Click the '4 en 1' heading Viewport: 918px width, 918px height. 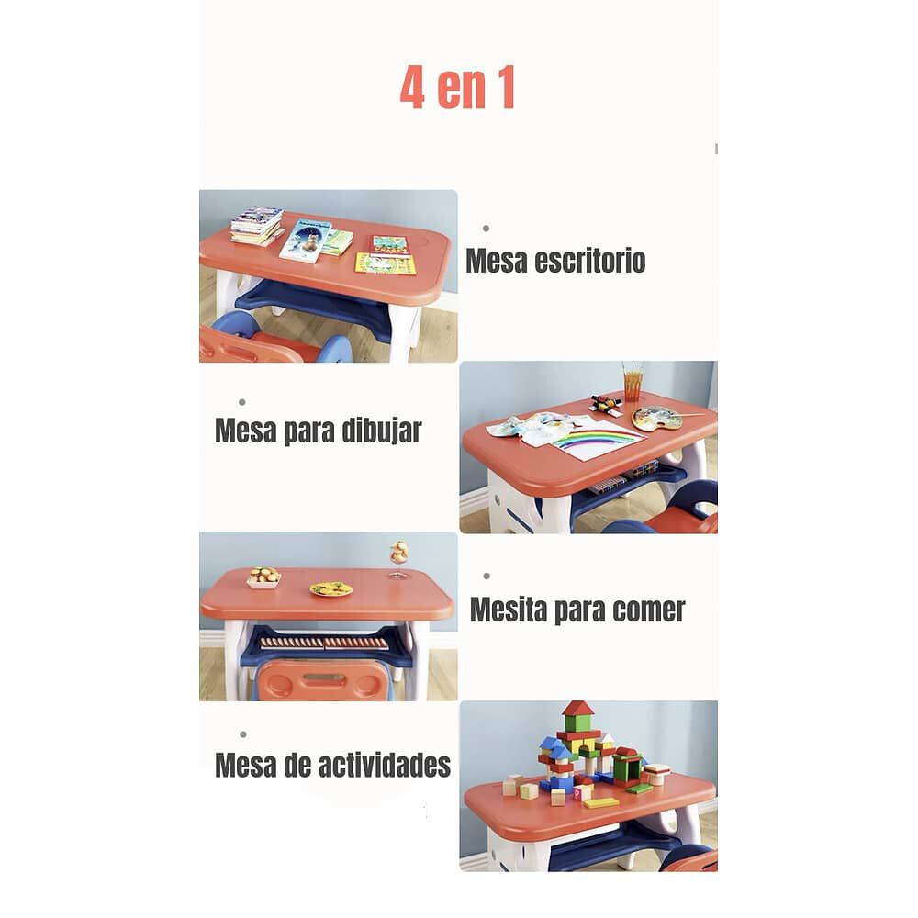tap(457, 88)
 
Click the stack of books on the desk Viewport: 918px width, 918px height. tap(256, 225)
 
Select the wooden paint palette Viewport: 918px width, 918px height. tap(657, 419)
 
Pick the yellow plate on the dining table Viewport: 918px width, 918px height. tap(330, 589)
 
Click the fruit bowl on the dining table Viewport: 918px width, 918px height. tap(264, 577)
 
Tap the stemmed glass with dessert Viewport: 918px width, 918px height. tap(398, 557)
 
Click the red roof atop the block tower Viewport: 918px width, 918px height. tap(577, 708)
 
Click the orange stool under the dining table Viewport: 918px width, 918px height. tap(320, 680)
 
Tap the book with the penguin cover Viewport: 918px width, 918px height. tap(307, 240)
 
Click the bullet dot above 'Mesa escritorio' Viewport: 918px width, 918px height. tap(486, 228)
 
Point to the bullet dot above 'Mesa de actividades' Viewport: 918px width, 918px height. tap(242, 733)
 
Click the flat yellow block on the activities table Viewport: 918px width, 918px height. tap(601, 802)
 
